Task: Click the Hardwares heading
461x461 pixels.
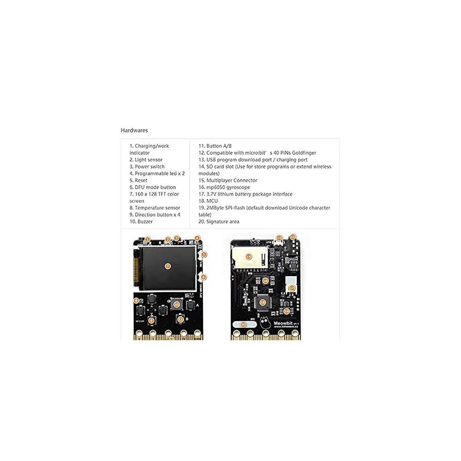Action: [134, 130]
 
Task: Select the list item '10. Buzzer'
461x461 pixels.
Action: [141, 222]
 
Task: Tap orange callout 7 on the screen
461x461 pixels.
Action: [168, 266]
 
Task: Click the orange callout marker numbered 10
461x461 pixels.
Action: [176, 304]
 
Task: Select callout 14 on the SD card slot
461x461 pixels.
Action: [248, 256]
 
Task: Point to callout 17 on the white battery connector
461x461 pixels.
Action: [292, 288]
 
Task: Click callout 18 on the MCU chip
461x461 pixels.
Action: [262, 302]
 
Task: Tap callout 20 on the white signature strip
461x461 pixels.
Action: [243, 325]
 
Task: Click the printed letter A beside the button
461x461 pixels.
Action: [197, 305]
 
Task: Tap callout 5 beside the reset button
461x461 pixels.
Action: [204, 254]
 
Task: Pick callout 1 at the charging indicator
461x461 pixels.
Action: [147, 239]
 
